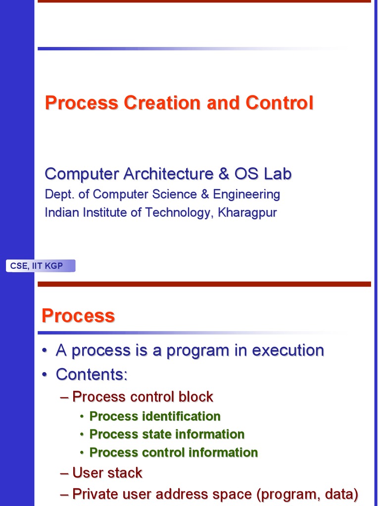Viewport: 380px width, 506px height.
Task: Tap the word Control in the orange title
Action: (280, 103)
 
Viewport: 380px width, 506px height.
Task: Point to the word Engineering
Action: (246, 194)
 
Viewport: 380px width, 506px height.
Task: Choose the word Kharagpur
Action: (248, 212)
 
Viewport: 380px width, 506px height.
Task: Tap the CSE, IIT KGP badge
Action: (41, 266)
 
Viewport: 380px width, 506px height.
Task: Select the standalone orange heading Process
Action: (78, 316)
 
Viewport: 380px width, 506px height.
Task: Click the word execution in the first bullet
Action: (288, 350)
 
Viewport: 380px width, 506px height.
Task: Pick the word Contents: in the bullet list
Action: (92, 375)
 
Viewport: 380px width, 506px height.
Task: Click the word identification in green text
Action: (181, 417)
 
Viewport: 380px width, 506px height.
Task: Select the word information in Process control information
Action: (225, 453)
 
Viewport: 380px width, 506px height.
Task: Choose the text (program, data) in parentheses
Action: (306, 494)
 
